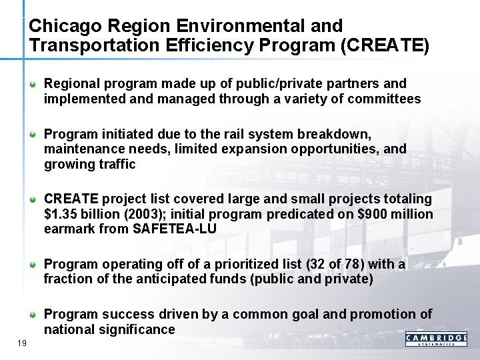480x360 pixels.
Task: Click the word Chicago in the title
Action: click(x=61, y=27)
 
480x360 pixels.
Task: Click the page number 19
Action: click(x=22, y=343)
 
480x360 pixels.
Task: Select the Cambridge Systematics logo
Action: click(x=436, y=340)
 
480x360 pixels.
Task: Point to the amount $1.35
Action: click(x=61, y=214)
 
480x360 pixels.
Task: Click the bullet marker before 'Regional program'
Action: click(x=33, y=85)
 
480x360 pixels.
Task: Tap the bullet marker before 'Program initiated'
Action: click(x=33, y=135)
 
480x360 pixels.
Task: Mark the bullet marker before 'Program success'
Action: click(x=33, y=315)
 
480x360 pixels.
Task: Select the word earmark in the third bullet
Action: click(x=68, y=229)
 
